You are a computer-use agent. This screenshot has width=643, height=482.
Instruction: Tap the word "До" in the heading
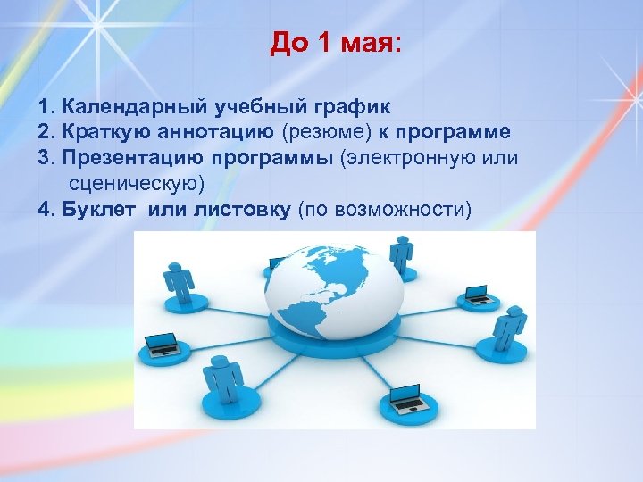[x=288, y=44]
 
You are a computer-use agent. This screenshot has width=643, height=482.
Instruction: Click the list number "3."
[x=47, y=159]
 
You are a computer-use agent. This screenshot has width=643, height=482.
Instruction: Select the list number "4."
[x=47, y=210]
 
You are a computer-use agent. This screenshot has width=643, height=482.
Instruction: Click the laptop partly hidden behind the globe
[x=278, y=263]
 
